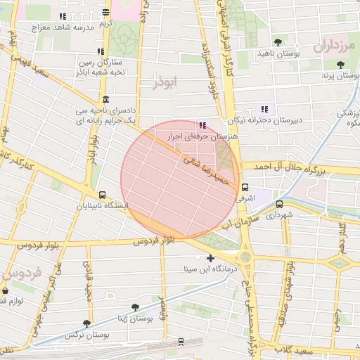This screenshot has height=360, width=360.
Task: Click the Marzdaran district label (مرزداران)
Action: click(x=332, y=48)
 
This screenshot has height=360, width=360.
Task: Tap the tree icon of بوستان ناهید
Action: click(x=278, y=42)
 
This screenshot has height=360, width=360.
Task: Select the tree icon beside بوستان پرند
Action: click(x=341, y=64)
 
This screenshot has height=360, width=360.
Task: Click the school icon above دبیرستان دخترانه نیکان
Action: click(x=264, y=109)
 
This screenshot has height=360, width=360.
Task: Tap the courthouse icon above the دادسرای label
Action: click(x=105, y=99)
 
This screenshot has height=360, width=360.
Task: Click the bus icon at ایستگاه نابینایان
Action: click(x=103, y=195)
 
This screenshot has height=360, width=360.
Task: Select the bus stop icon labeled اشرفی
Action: click(x=245, y=188)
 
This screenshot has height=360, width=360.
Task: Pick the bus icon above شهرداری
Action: click(x=279, y=205)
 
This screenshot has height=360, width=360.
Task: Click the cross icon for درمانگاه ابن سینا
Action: click(x=210, y=258)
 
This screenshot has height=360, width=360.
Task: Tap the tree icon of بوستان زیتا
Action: click(x=135, y=307)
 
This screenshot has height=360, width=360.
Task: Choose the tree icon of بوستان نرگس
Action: click(x=86, y=323)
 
